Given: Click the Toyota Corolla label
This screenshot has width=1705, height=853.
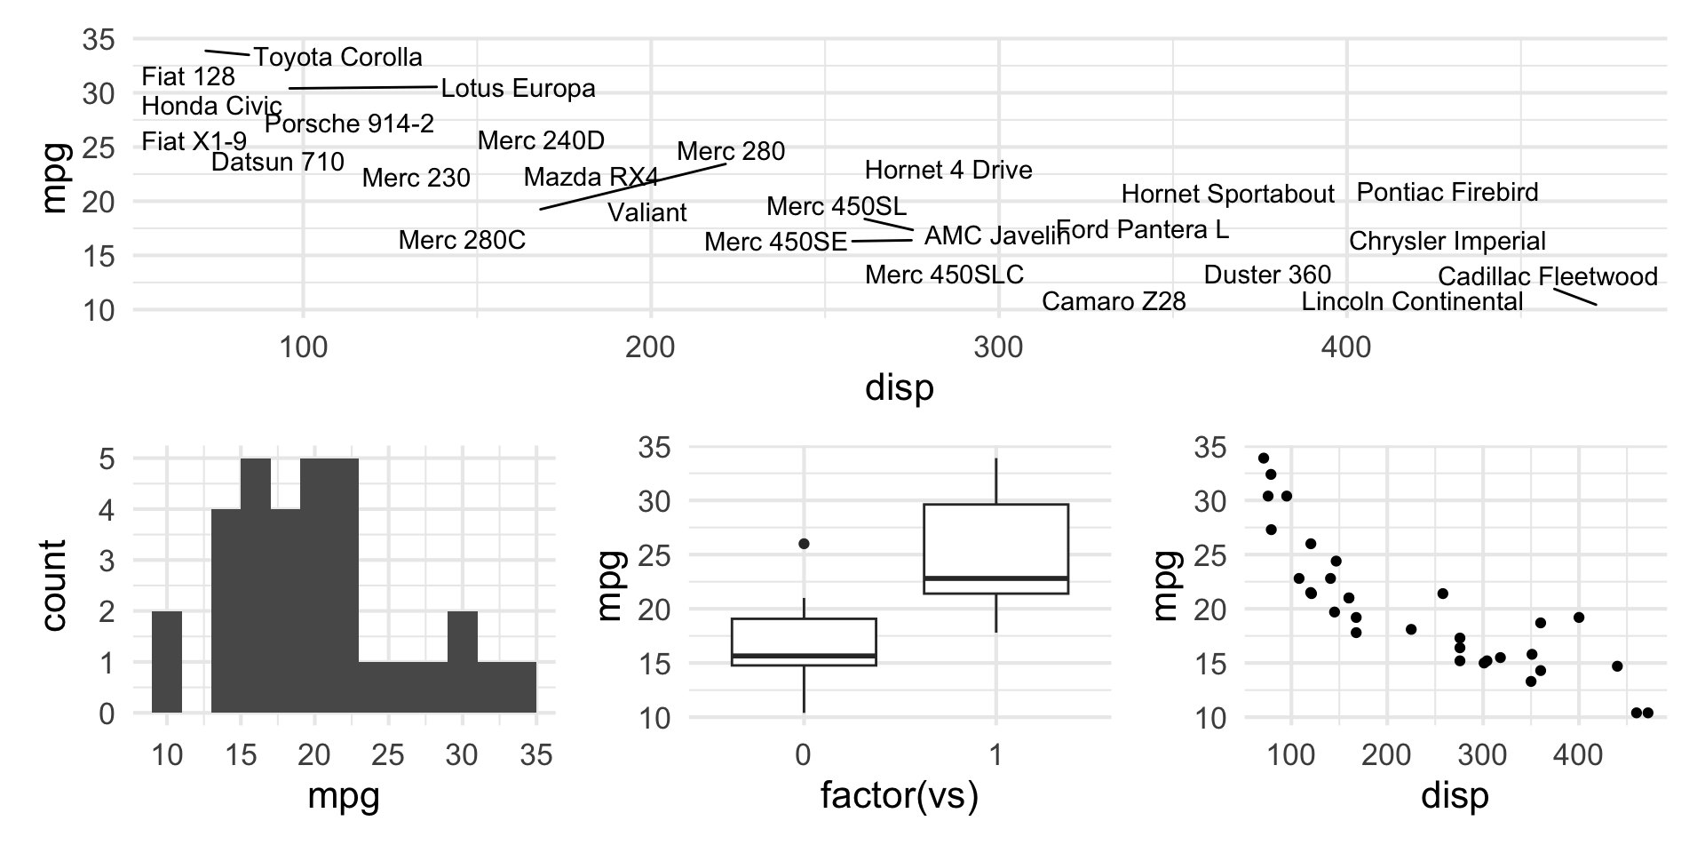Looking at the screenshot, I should [x=338, y=58].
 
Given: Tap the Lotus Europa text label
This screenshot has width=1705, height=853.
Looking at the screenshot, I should [x=518, y=89].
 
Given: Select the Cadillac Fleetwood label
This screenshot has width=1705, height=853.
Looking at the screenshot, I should [x=1547, y=276].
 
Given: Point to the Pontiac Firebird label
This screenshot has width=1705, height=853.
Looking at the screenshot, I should [x=1447, y=192].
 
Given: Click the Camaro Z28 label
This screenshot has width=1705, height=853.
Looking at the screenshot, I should [x=1114, y=302].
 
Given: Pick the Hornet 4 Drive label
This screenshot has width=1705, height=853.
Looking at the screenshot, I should [x=948, y=170].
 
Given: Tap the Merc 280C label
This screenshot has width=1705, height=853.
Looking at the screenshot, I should [x=462, y=240].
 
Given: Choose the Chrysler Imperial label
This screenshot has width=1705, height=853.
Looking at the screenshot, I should [x=1447, y=242].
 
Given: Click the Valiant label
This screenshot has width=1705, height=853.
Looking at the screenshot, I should [x=647, y=213].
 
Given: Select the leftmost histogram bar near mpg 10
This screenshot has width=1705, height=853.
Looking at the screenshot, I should [x=167, y=662].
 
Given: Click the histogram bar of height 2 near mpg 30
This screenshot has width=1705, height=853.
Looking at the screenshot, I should [x=462, y=662].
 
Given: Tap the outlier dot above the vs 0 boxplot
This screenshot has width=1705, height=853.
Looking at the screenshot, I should [x=804, y=544].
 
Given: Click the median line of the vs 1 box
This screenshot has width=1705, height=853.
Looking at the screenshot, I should [x=995, y=578].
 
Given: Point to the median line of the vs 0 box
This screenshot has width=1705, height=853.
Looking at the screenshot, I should [x=804, y=656].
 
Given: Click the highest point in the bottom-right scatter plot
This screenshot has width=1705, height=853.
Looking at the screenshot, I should [x=1264, y=458].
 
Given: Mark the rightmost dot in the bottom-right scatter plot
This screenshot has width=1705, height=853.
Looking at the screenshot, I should [x=1648, y=713].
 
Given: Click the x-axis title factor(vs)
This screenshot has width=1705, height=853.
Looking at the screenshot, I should [x=899, y=796].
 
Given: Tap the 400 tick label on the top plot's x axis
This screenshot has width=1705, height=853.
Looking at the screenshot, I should [x=1346, y=347].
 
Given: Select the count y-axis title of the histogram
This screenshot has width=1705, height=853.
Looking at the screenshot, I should [x=53, y=586].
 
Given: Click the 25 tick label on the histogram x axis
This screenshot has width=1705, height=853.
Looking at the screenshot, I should [x=388, y=756].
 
